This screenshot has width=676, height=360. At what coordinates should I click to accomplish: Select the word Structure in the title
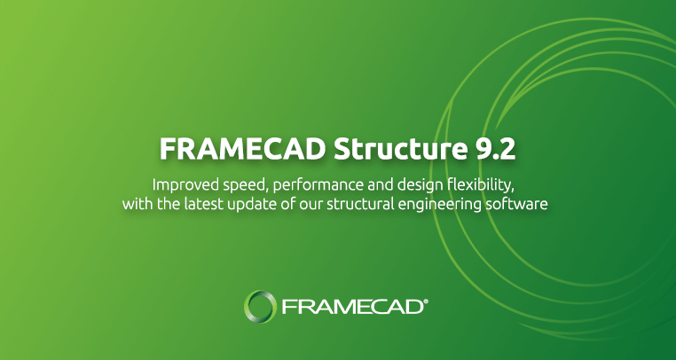click(x=388, y=149)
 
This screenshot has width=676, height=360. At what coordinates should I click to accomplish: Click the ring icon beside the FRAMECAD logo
click(x=261, y=307)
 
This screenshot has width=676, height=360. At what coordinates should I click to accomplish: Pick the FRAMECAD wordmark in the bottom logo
click(x=351, y=308)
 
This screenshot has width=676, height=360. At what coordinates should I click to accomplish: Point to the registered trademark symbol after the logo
click(x=426, y=301)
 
